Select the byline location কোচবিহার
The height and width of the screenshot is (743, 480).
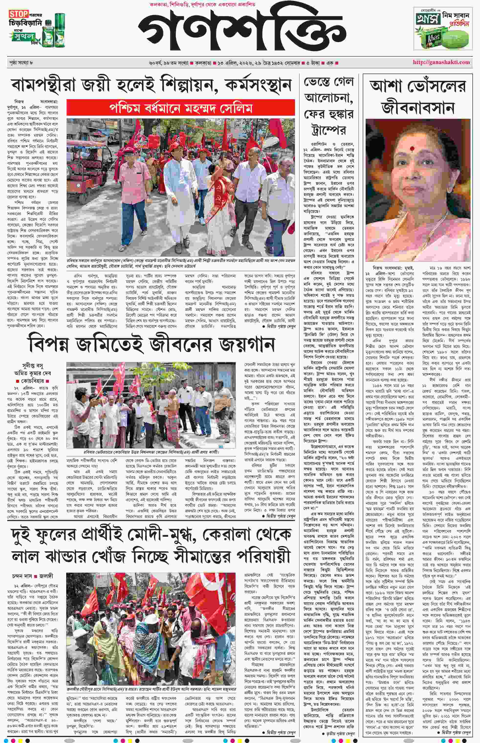33,381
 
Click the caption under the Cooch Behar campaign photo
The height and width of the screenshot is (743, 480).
151,452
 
